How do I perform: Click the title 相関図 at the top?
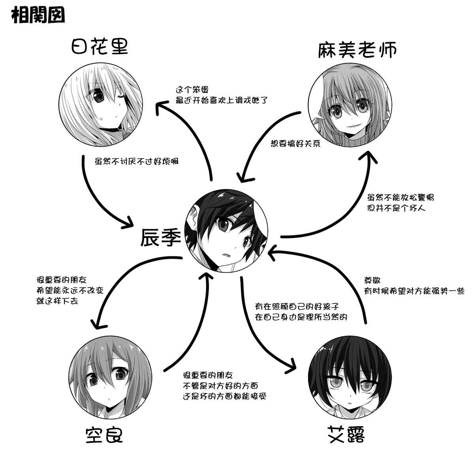38,16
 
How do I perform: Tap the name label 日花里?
100,48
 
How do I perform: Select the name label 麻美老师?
357,50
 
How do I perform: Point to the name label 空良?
104,435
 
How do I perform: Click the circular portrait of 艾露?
350,380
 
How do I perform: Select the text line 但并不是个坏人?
396,207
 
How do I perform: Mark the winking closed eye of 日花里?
120,97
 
